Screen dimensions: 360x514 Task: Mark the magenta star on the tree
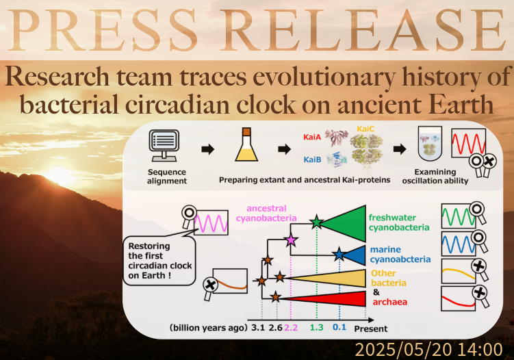[291, 240]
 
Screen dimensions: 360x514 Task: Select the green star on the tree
[316, 222]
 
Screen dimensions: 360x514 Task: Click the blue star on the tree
[339, 255]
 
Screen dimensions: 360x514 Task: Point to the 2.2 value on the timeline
[291, 328]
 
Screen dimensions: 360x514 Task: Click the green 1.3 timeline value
[316, 328]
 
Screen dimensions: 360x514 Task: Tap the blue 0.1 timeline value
[339, 328]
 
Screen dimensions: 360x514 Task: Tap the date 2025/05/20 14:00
[428, 349]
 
